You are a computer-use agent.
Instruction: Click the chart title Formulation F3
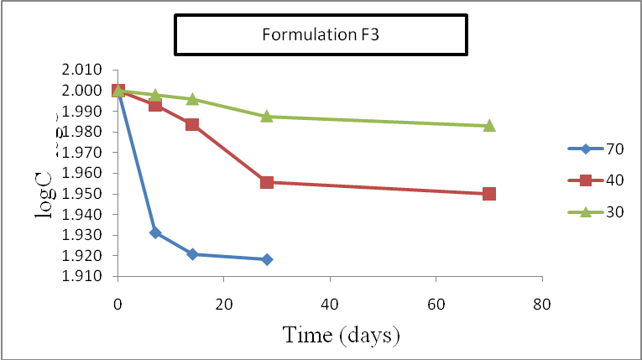[320, 35]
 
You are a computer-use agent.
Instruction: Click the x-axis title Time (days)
[340, 334]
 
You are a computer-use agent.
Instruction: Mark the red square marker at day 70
[489, 194]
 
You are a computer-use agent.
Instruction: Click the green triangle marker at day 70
[489, 125]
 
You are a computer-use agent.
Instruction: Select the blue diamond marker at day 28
[267, 259]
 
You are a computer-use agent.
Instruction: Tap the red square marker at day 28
[267, 182]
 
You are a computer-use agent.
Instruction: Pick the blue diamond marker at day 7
[155, 232]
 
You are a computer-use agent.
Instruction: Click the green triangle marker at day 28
[267, 116]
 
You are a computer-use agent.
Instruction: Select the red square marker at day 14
[192, 125]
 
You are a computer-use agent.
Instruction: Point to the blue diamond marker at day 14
[192, 253]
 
